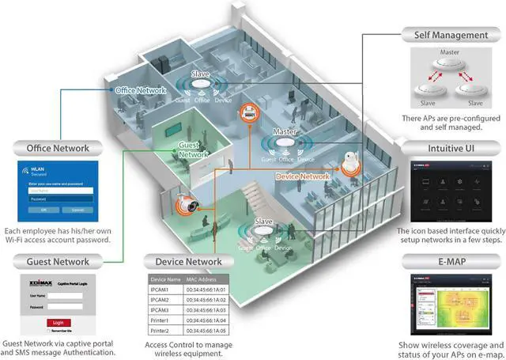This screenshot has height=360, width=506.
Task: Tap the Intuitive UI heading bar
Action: pyautogui.click(x=448, y=147)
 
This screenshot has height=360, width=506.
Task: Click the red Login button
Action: pyautogui.click(x=58, y=322)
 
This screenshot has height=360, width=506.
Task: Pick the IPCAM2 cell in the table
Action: pyautogui.click(x=163, y=301)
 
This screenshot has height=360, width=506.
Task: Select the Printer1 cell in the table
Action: pyautogui.click(x=163, y=320)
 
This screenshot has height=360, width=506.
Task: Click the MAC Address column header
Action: pyautogui.click(x=204, y=280)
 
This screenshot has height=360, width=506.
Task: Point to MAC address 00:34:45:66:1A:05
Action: pyautogui.click(x=207, y=330)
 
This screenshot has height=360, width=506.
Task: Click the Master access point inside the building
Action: pyautogui.click(x=285, y=145)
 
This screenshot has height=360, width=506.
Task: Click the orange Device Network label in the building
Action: pyautogui.click(x=303, y=176)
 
